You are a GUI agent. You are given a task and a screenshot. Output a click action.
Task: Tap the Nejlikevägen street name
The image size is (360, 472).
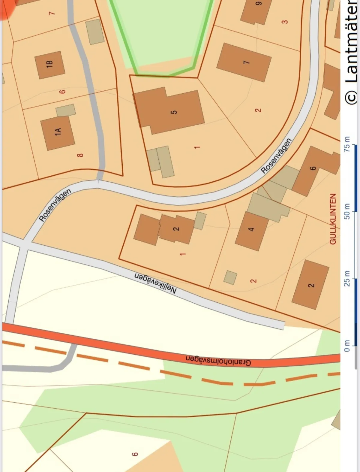point(155,283)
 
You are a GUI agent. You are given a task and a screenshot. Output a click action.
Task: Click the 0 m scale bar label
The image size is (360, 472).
point(347,346)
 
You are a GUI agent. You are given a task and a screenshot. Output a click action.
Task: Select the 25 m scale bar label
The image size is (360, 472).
point(347,278)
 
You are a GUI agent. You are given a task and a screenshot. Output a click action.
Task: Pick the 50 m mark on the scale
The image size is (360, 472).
point(347,211)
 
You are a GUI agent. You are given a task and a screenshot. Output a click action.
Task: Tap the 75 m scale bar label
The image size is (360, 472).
point(347,144)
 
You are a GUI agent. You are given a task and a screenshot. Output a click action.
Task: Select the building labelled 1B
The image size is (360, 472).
point(50,65)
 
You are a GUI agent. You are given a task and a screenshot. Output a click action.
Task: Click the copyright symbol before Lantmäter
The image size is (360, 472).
point(351,97)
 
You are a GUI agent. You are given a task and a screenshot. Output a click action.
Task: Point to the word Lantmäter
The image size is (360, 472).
point(352,42)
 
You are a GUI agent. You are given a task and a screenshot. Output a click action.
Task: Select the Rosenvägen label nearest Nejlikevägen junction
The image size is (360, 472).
point(55,205)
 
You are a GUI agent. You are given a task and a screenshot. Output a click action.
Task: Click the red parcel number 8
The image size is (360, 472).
point(80,155)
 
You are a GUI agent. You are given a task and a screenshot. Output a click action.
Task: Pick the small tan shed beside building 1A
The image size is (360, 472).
point(66,110)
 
